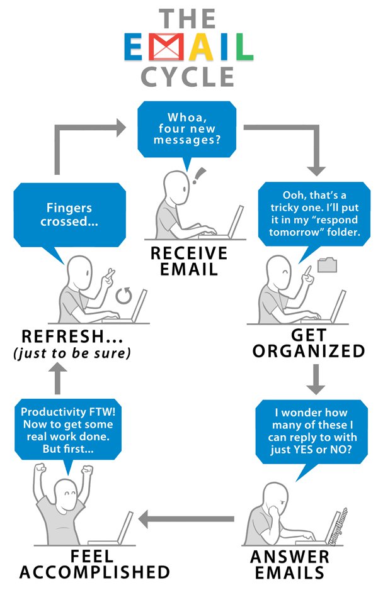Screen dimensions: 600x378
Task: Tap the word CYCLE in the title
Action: (188, 76)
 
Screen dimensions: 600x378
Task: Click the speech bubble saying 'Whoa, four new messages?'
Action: (189, 128)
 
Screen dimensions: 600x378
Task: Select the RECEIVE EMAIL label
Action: (188, 262)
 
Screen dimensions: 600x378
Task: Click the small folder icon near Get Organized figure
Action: (327, 264)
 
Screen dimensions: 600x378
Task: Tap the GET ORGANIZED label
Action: (309, 343)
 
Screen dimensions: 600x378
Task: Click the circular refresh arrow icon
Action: (125, 294)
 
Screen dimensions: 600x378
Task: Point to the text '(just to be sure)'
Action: (72, 354)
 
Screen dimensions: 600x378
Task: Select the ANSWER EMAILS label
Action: (290, 564)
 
